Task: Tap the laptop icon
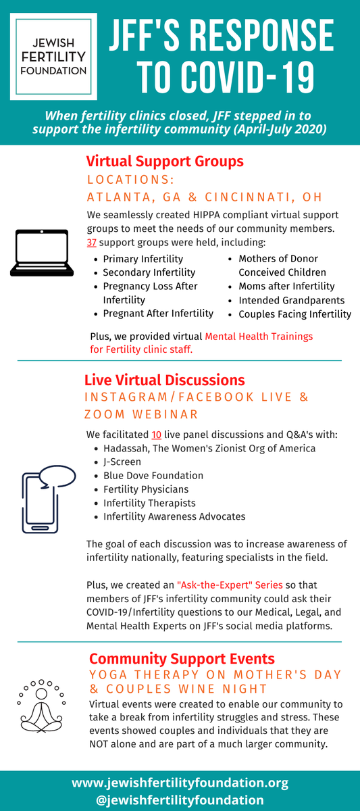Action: pos(42,253)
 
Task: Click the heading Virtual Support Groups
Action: pos(165,162)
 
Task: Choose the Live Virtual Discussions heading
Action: pos(164,380)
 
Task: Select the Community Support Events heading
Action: pos(182,658)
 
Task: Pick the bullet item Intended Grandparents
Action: pos(291,300)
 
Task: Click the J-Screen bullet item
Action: pos(122,462)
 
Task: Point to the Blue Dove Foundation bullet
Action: pos(153,475)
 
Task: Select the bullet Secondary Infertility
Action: pos(149,272)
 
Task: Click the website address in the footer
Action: pos(180,783)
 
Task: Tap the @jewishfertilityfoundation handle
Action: pos(180,800)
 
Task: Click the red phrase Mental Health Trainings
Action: pos(259,336)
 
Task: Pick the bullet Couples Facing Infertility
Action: pos(294,314)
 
